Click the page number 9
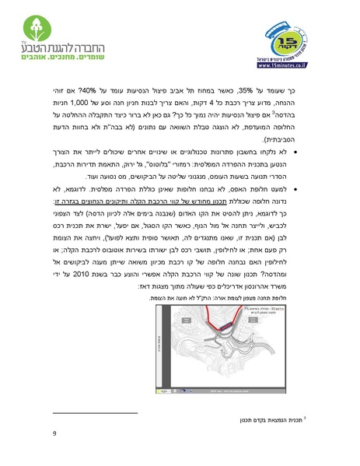[x=55, y=433]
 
